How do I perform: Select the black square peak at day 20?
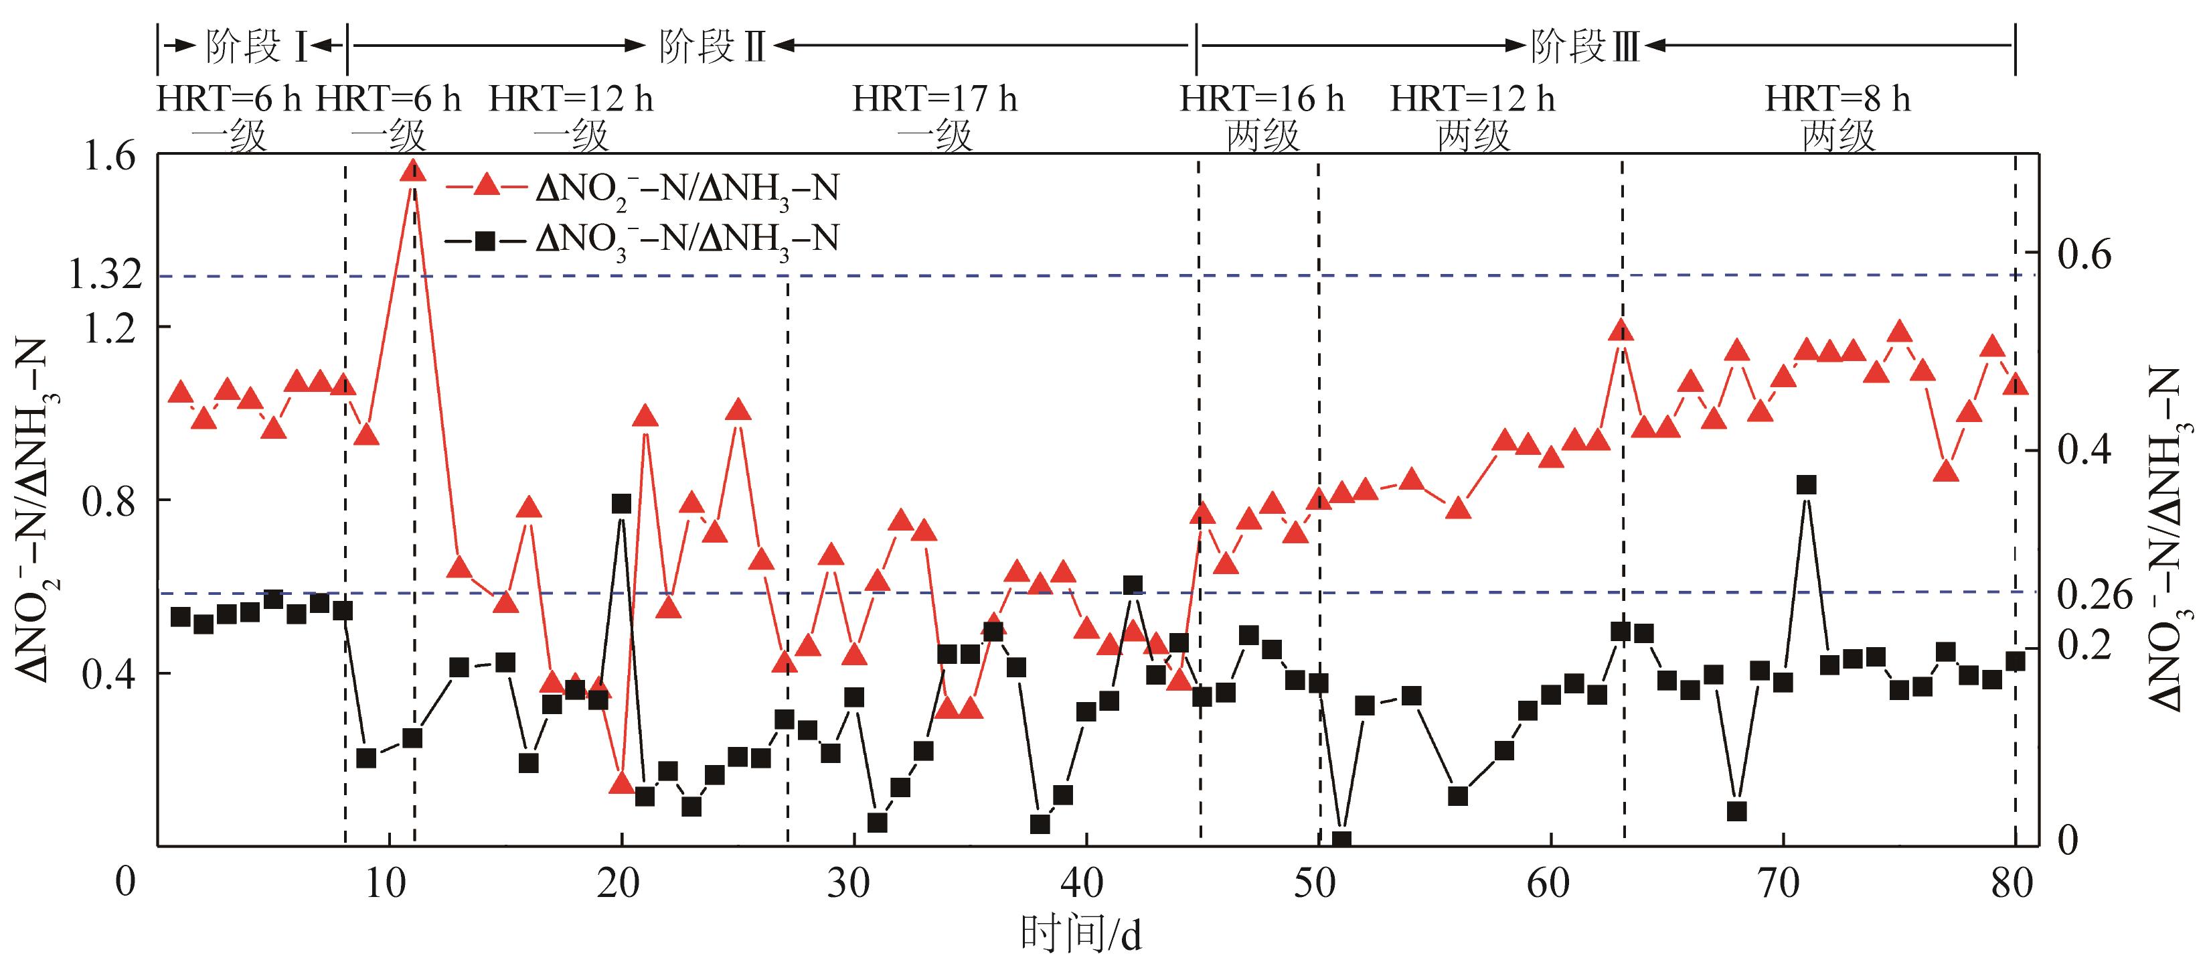click(621, 504)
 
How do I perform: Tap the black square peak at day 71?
click(1806, 485)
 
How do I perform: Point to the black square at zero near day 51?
click(1341, 840)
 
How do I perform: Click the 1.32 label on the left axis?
click(104, 275)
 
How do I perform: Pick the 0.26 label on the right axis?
click(2095, 594)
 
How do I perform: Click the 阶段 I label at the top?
click(255, 46)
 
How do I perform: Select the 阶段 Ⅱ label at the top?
click(712, 46)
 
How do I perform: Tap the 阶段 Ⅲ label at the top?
click(1584, 46)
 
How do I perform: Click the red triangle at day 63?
click(1621, 332)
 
